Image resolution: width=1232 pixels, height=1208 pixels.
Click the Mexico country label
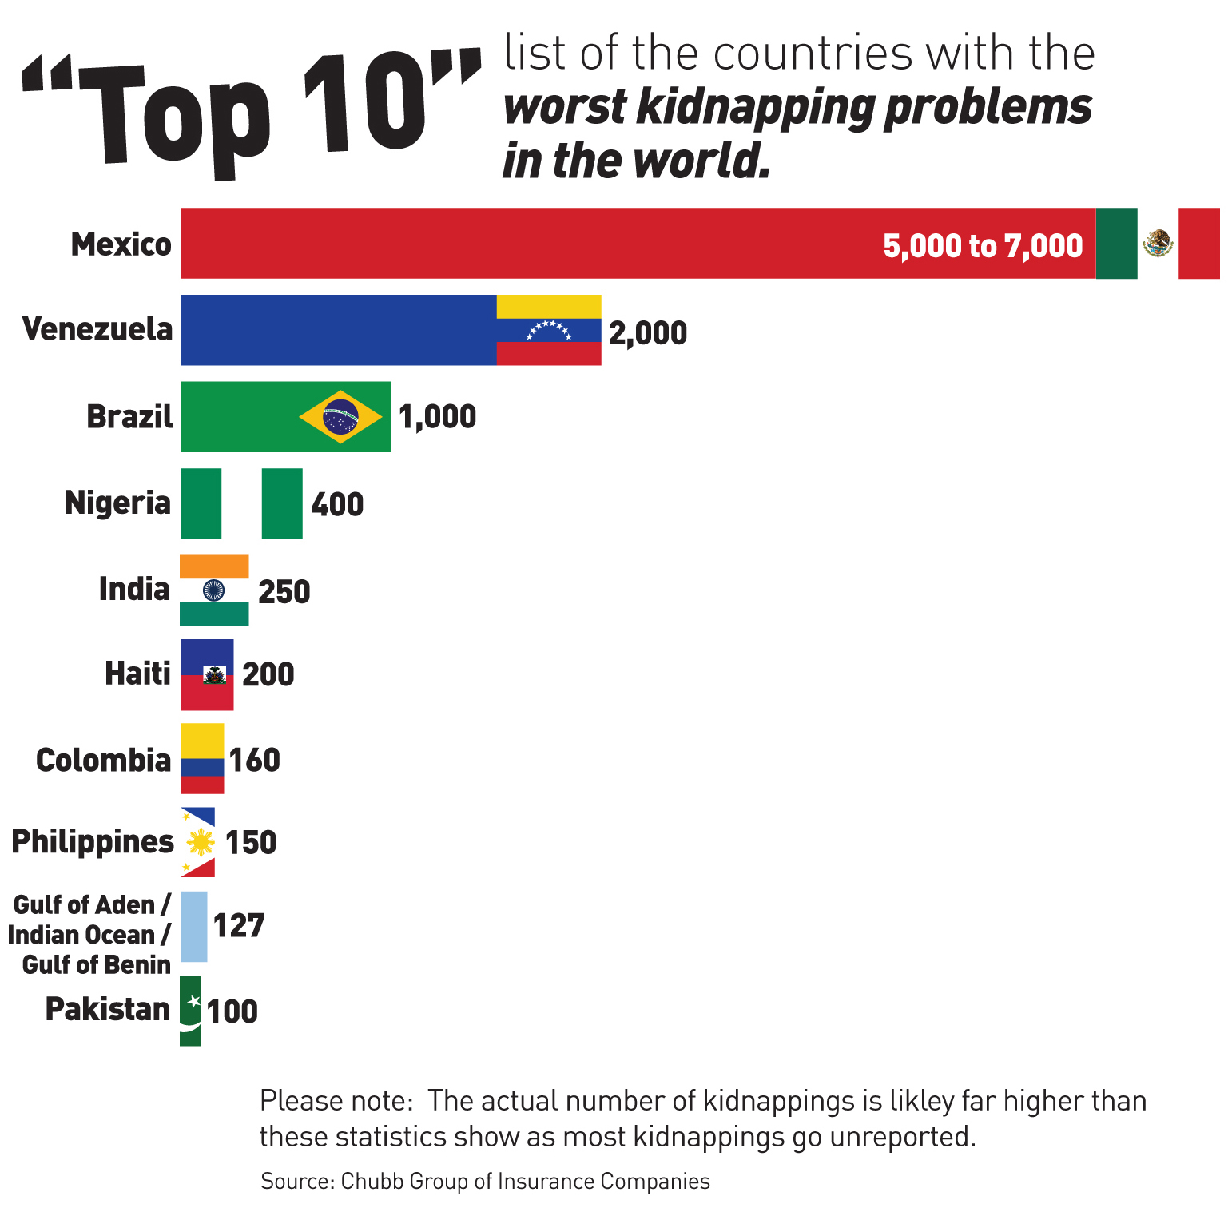121,244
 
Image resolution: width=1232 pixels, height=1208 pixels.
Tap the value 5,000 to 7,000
982,246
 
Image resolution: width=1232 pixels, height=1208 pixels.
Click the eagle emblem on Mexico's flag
1157,243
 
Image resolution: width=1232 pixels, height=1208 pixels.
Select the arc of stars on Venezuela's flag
549,329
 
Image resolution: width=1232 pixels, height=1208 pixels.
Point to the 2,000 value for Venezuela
647,333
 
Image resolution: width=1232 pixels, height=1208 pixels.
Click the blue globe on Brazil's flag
340,416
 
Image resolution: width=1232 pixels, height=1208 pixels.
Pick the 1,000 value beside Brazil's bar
437,417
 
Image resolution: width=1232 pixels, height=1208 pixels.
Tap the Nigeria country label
117,503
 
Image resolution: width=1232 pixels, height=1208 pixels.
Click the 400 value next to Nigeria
337,505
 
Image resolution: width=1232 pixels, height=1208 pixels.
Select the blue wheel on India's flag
213,590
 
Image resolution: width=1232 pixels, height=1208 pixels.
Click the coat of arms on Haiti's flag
214,676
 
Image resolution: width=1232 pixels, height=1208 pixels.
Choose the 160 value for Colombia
255,761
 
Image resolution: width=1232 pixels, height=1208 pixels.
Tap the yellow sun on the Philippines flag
200,842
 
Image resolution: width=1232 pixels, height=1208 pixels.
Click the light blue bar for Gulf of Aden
193,926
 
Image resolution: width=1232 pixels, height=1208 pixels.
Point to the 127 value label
238,926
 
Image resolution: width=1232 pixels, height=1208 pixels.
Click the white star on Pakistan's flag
193,1002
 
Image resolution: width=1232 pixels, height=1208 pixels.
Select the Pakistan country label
108,1010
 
